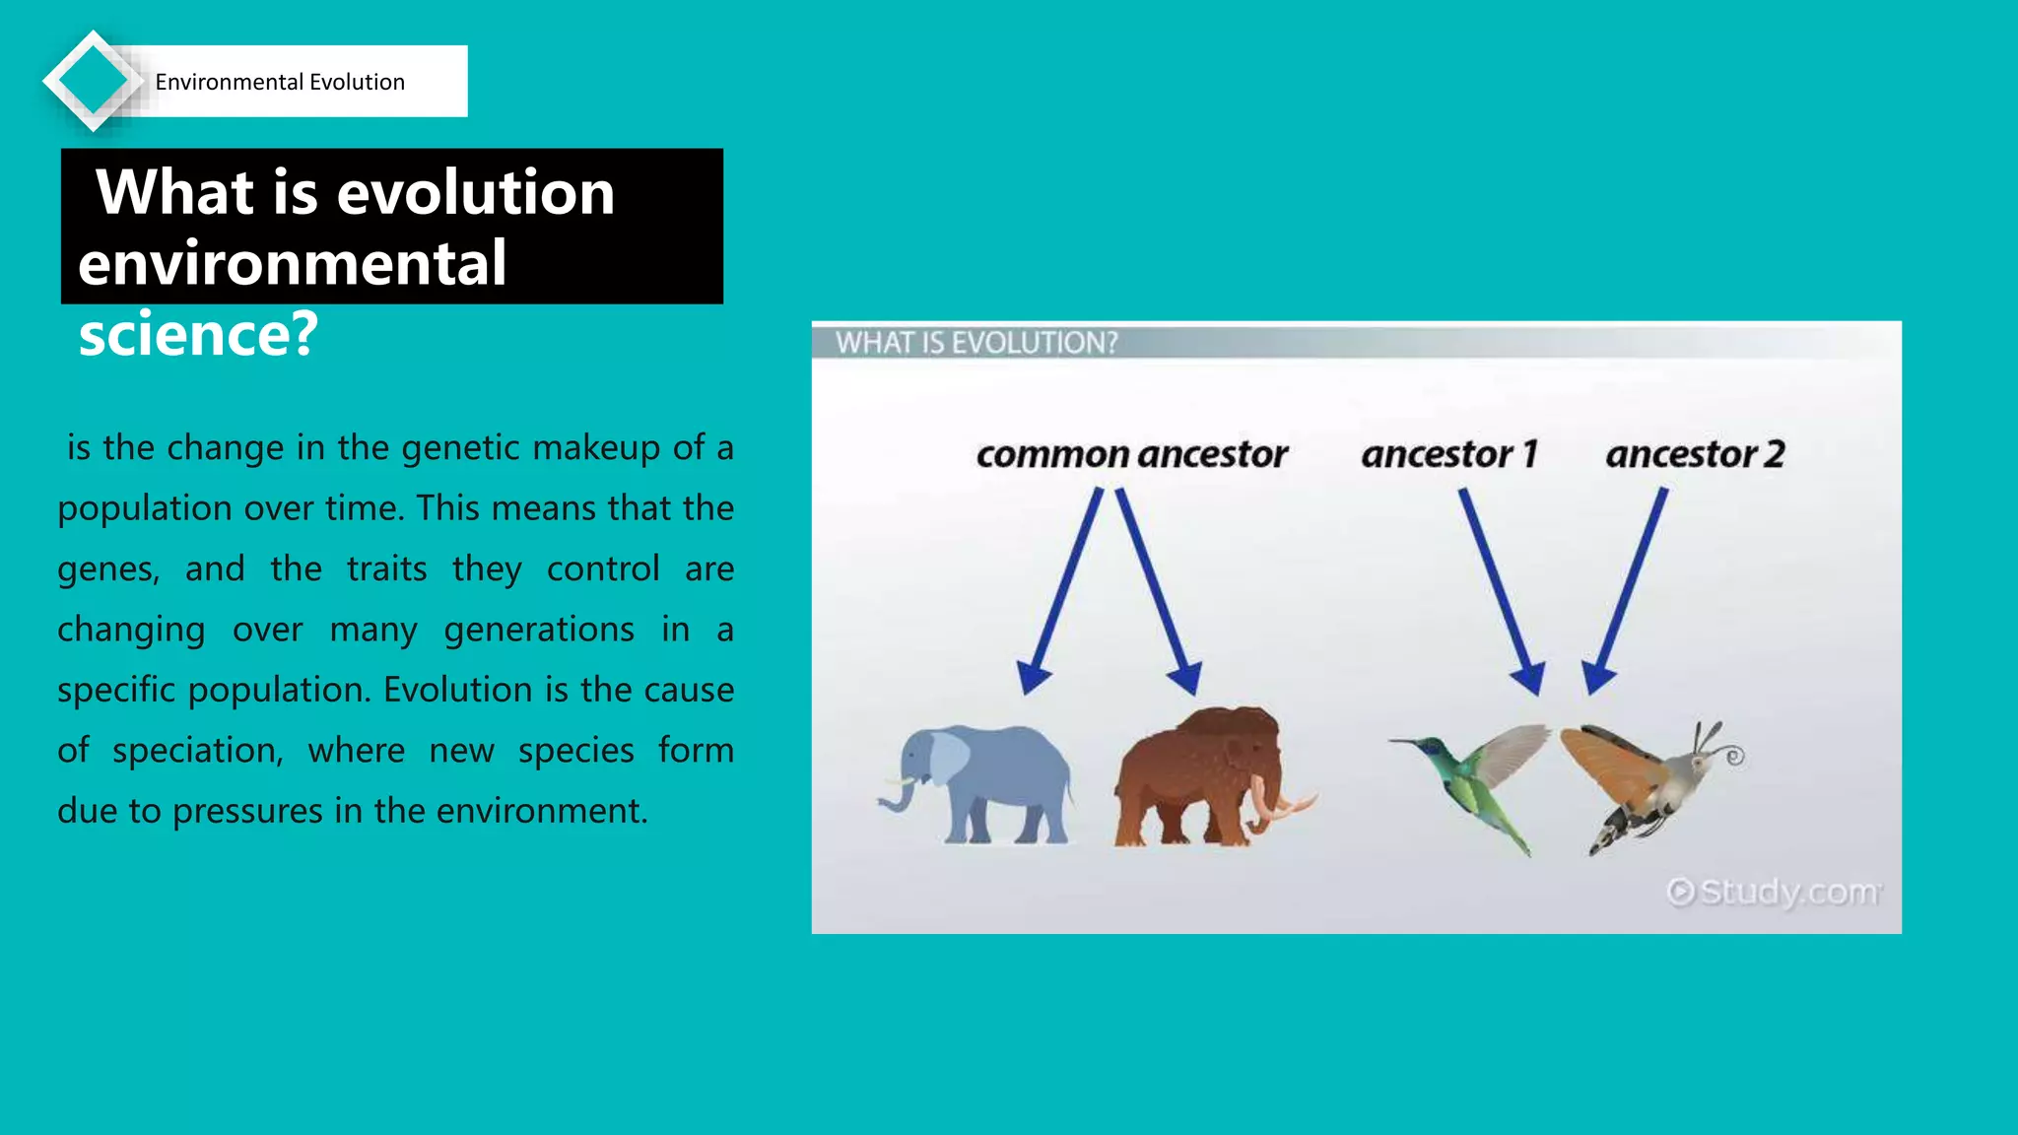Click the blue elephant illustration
975,783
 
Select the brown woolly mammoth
1197,778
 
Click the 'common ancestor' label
1131,454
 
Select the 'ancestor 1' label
1448,454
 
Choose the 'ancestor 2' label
1695,454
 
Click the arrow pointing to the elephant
1062,591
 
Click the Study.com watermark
1774,892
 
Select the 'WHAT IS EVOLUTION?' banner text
976,343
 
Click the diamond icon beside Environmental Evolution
93,81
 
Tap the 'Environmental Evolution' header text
280,82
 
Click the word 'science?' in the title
198,334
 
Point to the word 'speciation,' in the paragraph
197,751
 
